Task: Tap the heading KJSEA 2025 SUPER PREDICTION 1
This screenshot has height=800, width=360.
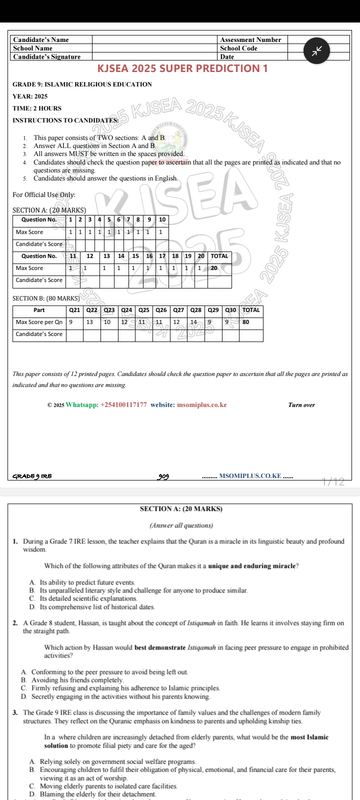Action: pyautogui.click(x=182, y=68)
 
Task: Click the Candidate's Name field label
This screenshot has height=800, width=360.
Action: pyautogui.click(x=41, y=40)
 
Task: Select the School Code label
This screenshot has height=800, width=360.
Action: pyautogui.click(x=238, y=48)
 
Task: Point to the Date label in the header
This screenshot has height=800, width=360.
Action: pyautogui.click(x=227, y=56)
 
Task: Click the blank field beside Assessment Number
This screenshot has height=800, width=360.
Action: pyautogui.click(x=318, y=39)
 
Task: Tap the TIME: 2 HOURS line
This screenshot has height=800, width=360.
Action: pyautogui.click(x=37, y=108)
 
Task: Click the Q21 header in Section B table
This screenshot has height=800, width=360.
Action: pyautogui.click(x=74, y=310)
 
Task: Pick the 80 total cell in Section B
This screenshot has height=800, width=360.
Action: pyautogui.click(x=245, y=322)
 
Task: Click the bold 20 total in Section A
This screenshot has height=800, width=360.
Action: pyautogui.click(x=214, y=268)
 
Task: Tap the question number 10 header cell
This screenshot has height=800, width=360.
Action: pyautogui.click(x=162, y=219)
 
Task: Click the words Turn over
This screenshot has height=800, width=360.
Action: pyautogui.click(x=301, y=405)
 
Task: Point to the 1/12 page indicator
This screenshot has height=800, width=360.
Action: pyautogui.click(x=333, y=482)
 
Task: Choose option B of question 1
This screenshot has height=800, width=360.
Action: pyautogui.click(x=143, y=590)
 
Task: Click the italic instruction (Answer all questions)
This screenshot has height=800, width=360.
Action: pyautogui.click(x=181, y=525)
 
